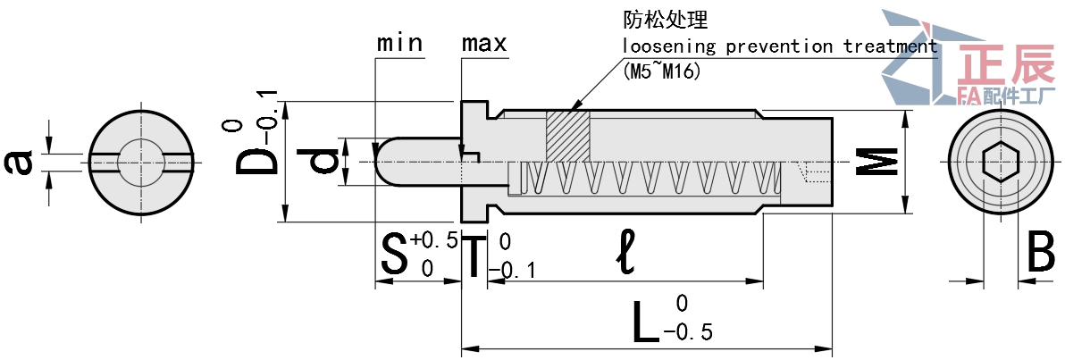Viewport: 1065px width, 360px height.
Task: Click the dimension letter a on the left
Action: tap(20, 162)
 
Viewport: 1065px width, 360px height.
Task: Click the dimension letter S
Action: tap(393, 255)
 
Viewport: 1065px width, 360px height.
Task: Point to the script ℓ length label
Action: tap(625, 255)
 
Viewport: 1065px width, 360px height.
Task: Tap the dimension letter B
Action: tap(1040, 254)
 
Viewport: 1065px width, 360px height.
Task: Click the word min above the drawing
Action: tap(399, 43)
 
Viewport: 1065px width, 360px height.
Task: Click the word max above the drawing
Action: tap(484, 43)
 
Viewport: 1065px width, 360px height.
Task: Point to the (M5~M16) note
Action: tap(661, 71)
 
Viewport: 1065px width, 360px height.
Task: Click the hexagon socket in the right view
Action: tap(1001, 162)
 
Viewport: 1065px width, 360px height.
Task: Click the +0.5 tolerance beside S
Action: tap(434, 239)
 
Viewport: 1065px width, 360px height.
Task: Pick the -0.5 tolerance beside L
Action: tap(689, 333)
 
